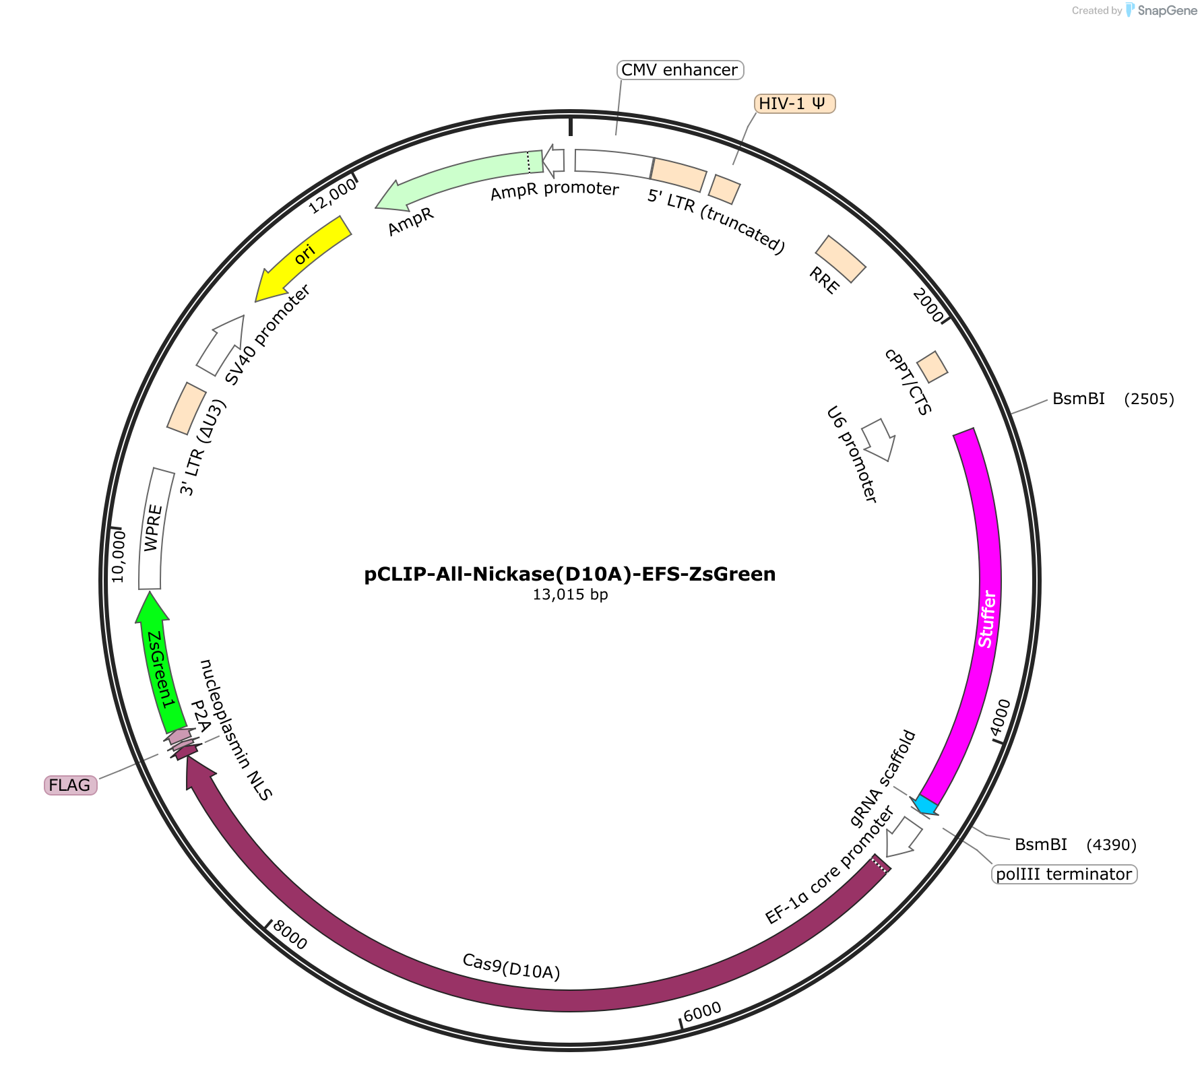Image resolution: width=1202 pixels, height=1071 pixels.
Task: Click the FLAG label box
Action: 71,785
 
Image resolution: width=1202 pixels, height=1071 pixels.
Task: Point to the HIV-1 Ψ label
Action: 794,103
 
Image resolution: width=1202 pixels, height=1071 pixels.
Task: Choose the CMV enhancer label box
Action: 680,69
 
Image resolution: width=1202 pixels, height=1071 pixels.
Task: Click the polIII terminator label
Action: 1065,874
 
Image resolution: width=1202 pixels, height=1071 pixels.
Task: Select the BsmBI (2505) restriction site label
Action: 1113,399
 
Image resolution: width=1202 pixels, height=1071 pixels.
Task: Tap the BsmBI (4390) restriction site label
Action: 1075,845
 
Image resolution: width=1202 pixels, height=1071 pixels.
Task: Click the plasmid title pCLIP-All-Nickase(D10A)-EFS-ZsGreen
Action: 570,574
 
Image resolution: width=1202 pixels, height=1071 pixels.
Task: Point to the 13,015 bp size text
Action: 570,595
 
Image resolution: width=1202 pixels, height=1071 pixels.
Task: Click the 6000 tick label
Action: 703,1011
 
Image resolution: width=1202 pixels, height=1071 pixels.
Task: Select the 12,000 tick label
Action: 332,196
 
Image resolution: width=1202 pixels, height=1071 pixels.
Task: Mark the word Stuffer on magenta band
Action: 986,619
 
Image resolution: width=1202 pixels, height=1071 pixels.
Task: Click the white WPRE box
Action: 154,529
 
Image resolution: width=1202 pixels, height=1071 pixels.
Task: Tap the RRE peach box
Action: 840,259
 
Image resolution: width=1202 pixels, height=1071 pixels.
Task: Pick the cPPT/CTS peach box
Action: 932,366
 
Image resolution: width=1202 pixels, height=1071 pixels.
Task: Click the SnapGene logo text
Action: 1168,10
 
